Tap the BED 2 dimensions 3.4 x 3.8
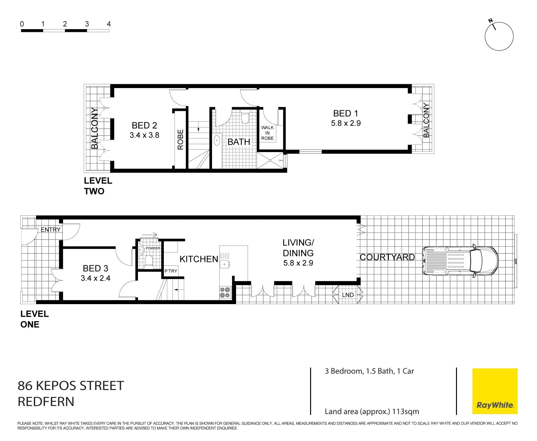click(x=144, y=135)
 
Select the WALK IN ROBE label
click(x=267, y=133)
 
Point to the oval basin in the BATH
click(x=217, y=140)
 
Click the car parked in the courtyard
click(x=460, y=261)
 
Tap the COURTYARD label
click(x=387, y=257)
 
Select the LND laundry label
click(x=348, y=295)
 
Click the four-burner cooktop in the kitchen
click(x=225, y=292)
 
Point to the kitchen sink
click(x=225, y=263)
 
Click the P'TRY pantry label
click(x=171, y=271)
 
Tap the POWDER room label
click(x=153, y=248)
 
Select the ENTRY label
click(x=51, y=230)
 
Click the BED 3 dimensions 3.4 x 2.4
click(x=96, y=278)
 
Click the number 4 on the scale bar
click(x=109, y=24)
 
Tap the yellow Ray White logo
click(x=495, y=391)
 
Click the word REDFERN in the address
click(x=46, y=402)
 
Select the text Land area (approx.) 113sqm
click(x=372, y=412)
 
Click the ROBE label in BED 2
click(x=180, y=139)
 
